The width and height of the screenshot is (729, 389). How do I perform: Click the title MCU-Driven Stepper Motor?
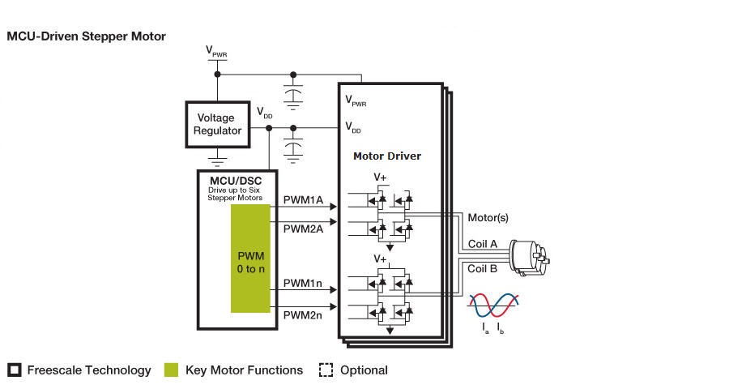coord(86,36)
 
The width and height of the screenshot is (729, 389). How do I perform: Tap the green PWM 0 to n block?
coord(250,259)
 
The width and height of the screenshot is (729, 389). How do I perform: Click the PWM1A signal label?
coord(303,199)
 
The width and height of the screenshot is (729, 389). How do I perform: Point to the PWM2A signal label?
coord(303,229)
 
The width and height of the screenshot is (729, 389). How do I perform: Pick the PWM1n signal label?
coord(303,284)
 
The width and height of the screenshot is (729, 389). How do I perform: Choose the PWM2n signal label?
coord(303,314)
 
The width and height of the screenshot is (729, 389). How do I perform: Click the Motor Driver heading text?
coord(387,156)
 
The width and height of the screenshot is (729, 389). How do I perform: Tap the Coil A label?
coord(483,244)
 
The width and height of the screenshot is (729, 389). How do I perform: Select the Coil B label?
coord(483,268)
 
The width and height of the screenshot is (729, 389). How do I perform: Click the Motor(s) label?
coord(488,219)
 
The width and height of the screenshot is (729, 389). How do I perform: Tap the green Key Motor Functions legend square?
coord(171,370)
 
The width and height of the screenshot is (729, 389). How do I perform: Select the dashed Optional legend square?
coord(326,370)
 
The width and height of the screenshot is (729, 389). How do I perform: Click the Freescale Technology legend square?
coord(14,370)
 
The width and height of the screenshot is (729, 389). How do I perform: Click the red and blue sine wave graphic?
coord(493,305)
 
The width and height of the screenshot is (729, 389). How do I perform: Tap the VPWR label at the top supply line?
coord(216,53)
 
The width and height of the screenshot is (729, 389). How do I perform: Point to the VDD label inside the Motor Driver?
coord(353,127)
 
